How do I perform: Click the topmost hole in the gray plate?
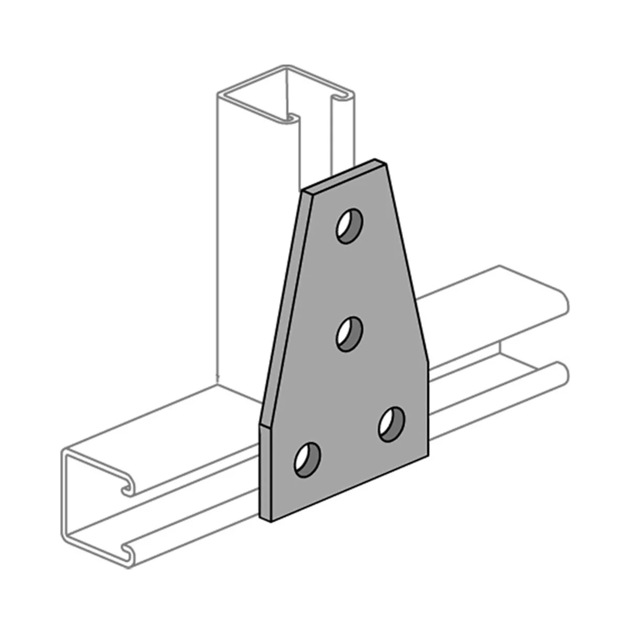click(x=350, y=226)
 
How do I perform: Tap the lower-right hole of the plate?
click(x=392, y=424)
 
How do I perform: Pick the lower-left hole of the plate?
click(x=308, y=459)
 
